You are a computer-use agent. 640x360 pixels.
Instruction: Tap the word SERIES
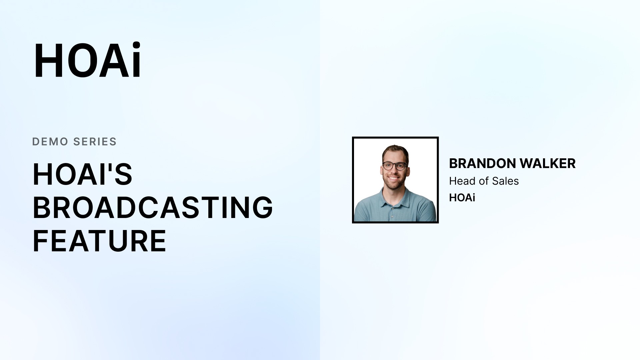point(95,142)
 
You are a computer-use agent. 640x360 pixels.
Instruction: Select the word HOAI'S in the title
point(82,174)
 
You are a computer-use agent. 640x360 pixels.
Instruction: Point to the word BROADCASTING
point(153,207)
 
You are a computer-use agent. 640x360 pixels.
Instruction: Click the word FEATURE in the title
point(99,241)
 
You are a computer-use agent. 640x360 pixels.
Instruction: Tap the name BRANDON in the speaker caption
point(483,163)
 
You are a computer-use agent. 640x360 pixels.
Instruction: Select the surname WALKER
point(548,163)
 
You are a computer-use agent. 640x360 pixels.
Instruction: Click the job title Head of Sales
point(484,181)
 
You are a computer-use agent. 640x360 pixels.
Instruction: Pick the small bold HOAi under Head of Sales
point(462,198)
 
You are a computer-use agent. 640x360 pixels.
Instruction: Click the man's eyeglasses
point(395,166)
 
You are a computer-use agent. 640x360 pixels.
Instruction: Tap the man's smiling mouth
point(394,178)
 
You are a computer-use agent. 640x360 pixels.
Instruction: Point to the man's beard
point(394,182)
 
